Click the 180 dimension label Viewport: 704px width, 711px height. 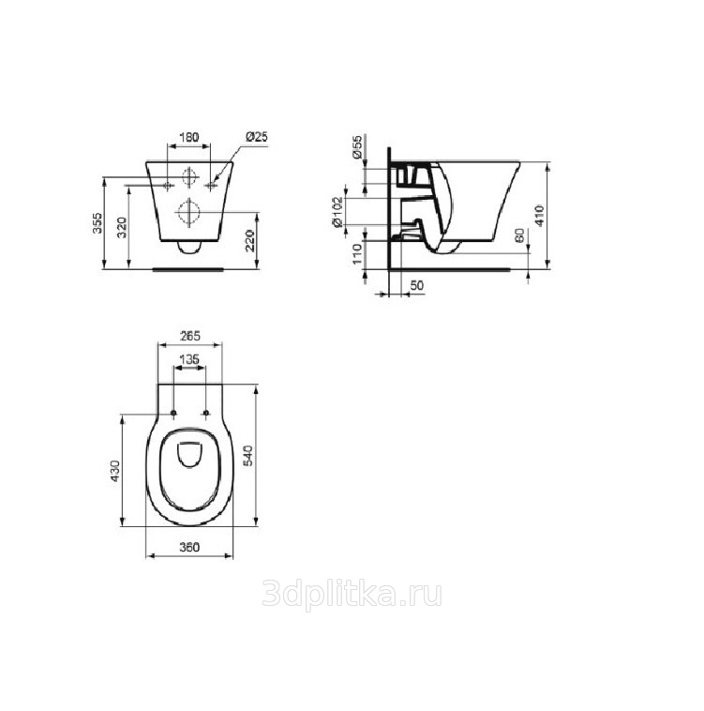click(x=189, y=137)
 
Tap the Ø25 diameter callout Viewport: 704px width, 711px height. click(x=257, y=136)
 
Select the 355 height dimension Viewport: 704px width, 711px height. click(x=97, y=223)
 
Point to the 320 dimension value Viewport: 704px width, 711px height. click(x=122, y=228)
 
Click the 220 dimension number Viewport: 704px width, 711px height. click(x=250, y=241)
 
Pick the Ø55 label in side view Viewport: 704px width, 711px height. click(x=357, y=146)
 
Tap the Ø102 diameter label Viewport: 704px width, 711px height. click(x=337, y=212)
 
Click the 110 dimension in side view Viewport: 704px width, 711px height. click(x=357, y=254)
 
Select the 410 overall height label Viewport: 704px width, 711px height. click(x=539, y=216)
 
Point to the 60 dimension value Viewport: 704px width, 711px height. click(x=519, y=235)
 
